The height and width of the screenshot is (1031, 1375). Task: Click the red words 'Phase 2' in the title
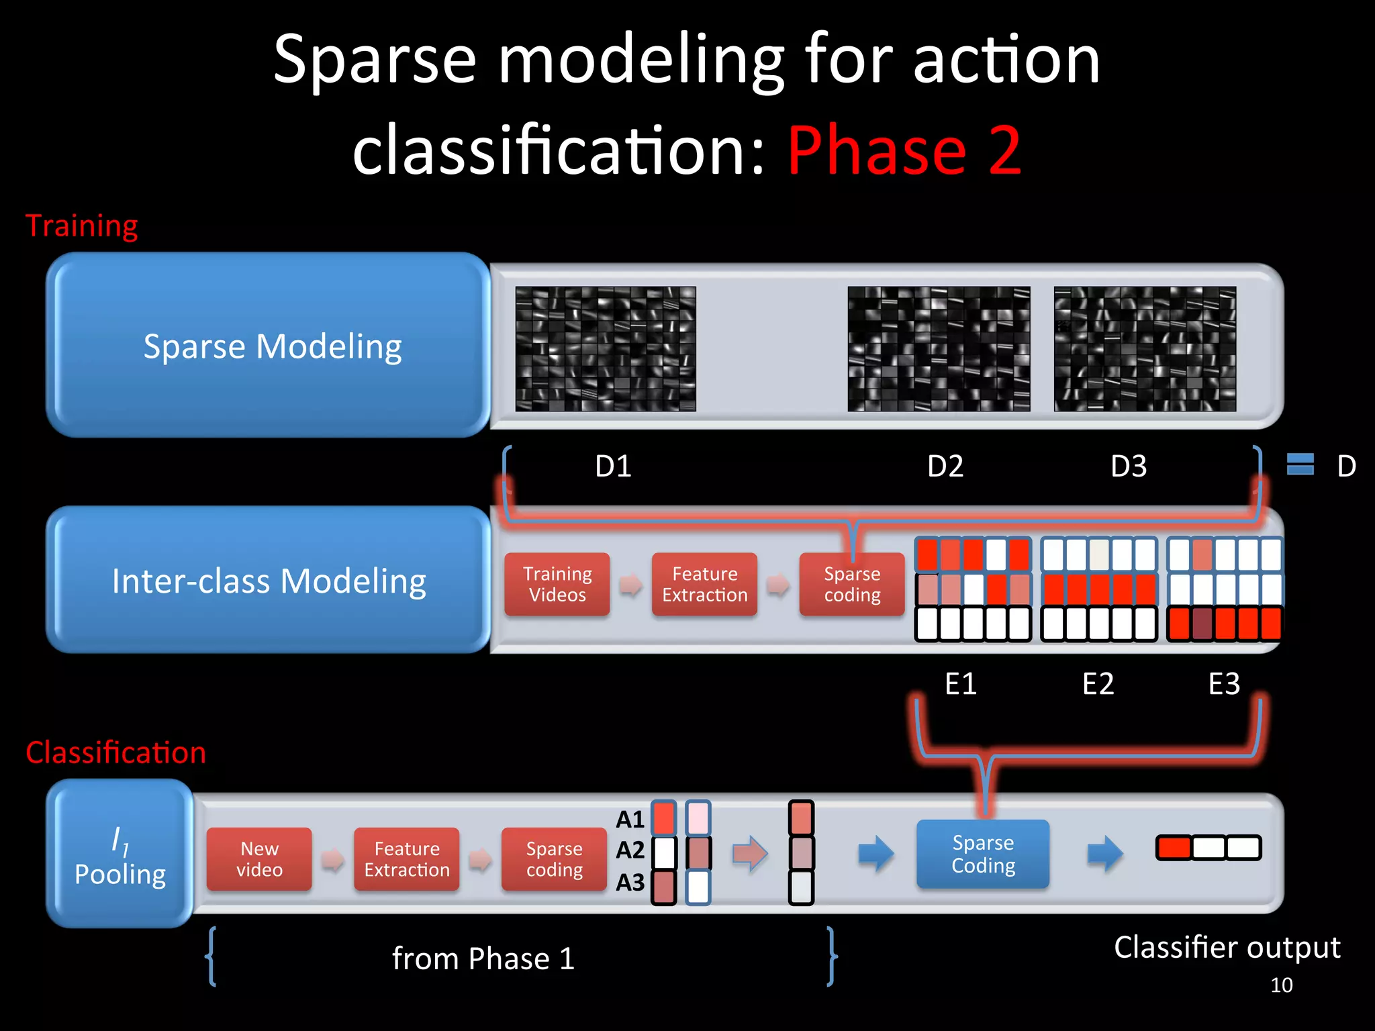click(x=904, y=151)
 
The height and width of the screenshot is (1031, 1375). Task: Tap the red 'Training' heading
click(x=82, y=226)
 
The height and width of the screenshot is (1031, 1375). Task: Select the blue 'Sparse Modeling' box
click(x=269, y=346)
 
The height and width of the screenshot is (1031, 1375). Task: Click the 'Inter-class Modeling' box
click(x=269, y=580)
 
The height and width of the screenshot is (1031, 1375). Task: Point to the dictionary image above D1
click(x=606, y=349)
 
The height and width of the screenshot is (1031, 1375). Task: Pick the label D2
click(x=945, y=466)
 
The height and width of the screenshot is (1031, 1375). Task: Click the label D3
click(x=1129, y=466)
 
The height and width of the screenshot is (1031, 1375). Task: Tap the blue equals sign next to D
click(x=1300, y=464)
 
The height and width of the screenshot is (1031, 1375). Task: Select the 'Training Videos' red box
click(x=557, y=584)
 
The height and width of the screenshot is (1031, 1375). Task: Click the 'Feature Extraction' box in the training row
click(x=704, y=584)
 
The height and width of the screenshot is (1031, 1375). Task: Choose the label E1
click(x=961, y=684)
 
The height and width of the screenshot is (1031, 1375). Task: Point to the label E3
click(x=1224, y=684)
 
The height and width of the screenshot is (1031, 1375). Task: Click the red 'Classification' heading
click(x=115, y=752)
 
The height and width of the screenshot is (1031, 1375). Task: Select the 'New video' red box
click(x=259, y=859)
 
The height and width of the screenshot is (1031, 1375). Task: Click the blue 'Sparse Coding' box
click(x=983, y=854)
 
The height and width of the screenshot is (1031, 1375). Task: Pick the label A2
click(x=630, y=850)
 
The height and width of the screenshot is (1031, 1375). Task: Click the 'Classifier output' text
click(x=1227, y=947)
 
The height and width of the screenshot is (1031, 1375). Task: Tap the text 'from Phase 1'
click(x=483, y=958)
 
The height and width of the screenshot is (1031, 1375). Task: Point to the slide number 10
click(x=1281, y=985)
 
